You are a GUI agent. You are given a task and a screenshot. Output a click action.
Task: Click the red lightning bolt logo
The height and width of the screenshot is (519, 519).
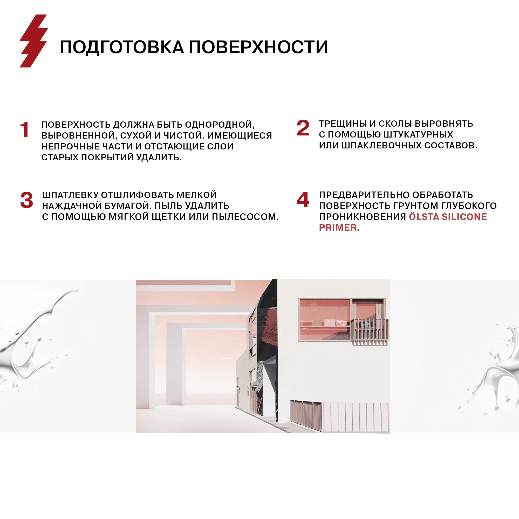click(x=34, y=41)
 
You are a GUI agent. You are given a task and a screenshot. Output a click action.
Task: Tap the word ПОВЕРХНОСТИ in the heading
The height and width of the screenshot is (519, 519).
click(x=258, y=47)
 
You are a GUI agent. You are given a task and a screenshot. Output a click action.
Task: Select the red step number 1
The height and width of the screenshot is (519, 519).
click(x=24, y=129)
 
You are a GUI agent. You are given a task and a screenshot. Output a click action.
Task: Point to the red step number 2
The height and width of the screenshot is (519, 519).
click(x=303, y=128)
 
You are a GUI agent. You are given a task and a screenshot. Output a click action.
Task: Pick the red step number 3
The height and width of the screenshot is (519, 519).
click(x=26, y=200)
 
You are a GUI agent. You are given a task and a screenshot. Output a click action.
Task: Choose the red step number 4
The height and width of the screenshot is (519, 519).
click(x=303, y=200)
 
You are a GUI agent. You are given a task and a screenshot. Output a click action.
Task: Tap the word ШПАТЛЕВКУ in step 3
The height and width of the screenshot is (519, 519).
click(x=70, y=195)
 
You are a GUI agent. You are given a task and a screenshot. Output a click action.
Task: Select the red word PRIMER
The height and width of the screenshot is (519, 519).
click(x=339, y=228)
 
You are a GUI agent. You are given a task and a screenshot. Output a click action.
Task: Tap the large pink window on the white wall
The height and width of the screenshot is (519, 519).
click(x=325, y=320)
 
